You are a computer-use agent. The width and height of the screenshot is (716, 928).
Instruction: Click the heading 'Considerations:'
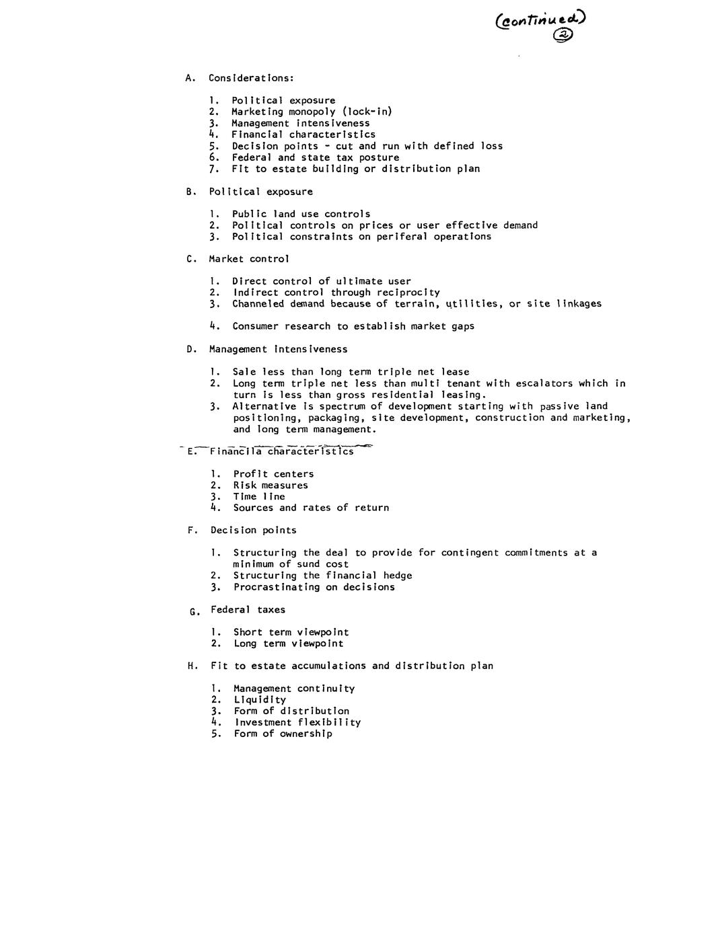coord(251,78)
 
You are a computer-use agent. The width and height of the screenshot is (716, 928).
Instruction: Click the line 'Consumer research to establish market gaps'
coord(353,326)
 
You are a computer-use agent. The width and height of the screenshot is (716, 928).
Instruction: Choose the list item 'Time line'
coord(259,496)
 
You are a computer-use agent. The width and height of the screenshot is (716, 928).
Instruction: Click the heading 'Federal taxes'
coord(248,609)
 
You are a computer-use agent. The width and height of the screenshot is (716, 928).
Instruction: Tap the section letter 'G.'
coord(194,611)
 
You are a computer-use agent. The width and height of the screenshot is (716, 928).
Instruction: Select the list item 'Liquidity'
coord(260,699)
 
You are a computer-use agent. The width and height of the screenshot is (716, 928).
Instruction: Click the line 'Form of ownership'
coord(283,733)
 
